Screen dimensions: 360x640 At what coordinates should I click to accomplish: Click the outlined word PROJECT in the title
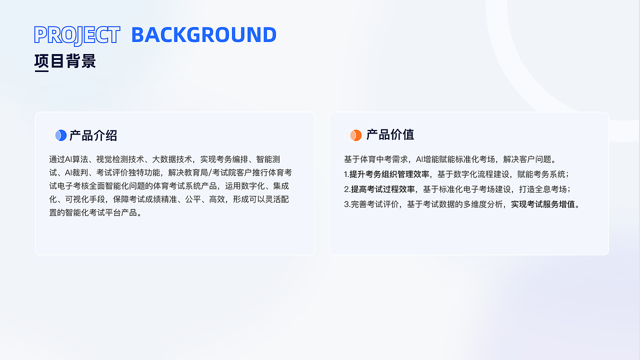[x=77, y=35]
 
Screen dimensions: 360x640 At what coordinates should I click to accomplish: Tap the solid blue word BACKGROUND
[x=203, y=35]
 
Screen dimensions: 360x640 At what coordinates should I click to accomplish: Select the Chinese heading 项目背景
[x=65, y=61]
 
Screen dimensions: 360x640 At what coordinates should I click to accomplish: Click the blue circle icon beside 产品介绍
[x=60, y=135]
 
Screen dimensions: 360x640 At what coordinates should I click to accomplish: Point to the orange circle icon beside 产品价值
[x=355, y=135]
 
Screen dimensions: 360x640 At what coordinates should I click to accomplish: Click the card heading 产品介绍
[x=93, y=135]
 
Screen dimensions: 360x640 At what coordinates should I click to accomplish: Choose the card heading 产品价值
[x=390, y=135]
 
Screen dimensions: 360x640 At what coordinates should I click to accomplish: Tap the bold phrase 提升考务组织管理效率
[x=389, y=174]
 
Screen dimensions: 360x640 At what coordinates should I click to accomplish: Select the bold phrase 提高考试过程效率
[x=382, y=189]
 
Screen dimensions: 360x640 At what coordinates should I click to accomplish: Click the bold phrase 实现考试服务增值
[x=542, y=204]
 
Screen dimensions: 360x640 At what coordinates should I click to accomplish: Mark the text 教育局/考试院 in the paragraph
[x=210, y=173]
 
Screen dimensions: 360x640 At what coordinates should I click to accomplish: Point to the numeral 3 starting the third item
[x=346, y=204]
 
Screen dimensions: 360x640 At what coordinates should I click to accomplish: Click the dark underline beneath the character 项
[x=41, y=71]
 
